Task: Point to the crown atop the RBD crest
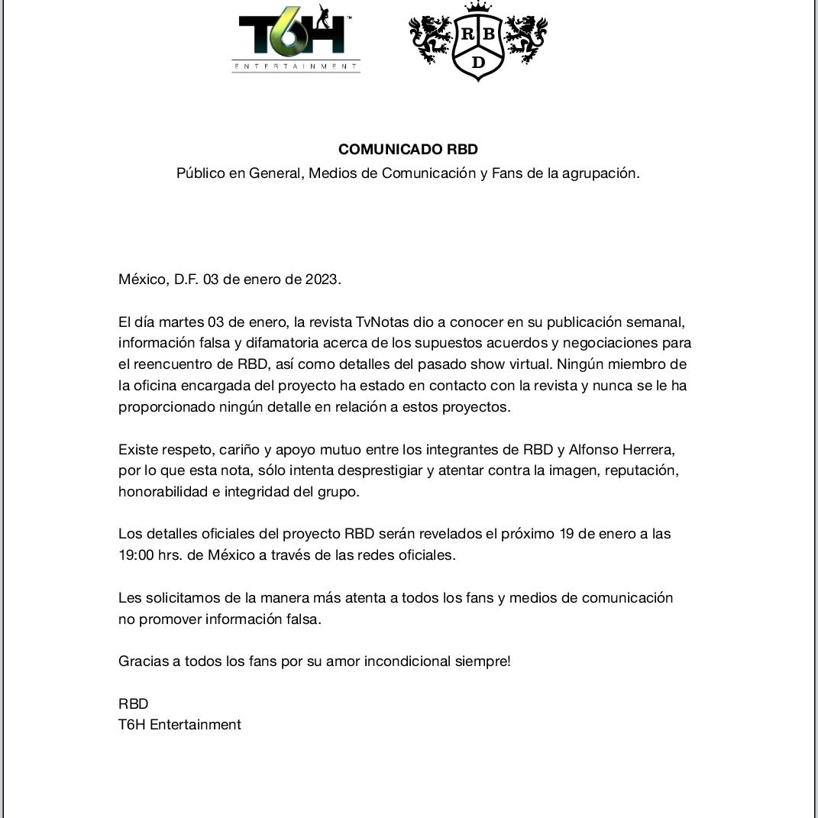click(478, 8)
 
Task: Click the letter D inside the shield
click(478, 63)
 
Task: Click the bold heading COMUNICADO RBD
click(408, 150)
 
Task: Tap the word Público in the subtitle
click(200, 173)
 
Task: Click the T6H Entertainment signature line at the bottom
click(179, 725)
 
